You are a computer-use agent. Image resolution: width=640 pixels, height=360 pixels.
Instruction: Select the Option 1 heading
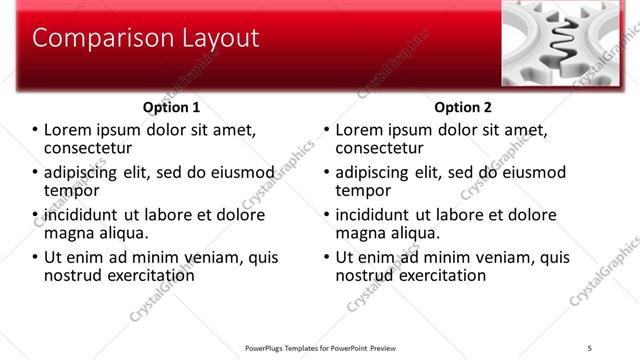[x=173, y=107]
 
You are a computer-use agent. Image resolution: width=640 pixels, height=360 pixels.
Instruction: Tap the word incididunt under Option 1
[x=78, y=215]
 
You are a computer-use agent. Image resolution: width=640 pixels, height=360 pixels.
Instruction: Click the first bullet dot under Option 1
[x=36, y=130]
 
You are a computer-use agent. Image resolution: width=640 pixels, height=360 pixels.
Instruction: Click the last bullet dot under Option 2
[x=326, y=257]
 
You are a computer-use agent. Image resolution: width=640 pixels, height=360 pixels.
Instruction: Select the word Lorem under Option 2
[x=358, y=130]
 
